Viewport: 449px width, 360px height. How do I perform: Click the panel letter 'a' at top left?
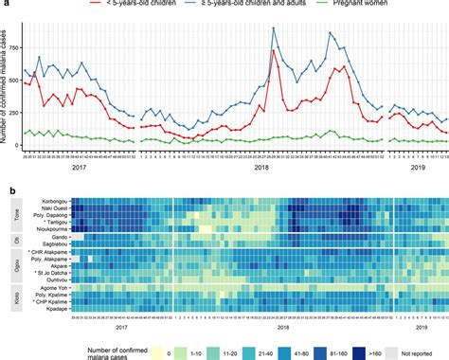point(4,5)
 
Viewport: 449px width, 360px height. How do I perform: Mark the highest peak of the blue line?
point(274,28)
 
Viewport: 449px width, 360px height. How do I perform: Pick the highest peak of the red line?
point(274,51)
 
